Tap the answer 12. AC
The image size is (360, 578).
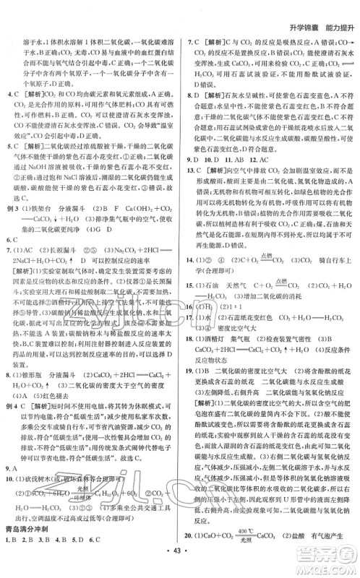click(272, 178)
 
